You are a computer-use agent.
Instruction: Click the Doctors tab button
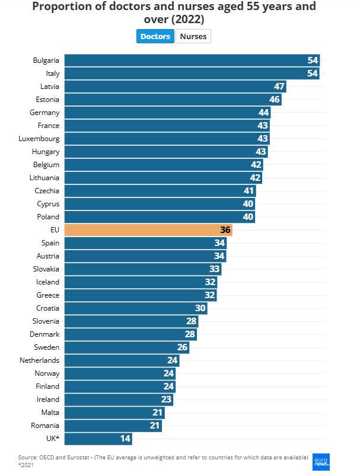(155, 37)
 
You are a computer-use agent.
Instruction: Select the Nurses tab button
(193, 37)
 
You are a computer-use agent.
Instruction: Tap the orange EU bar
(148, 230)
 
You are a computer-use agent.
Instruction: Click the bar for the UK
(98, 439)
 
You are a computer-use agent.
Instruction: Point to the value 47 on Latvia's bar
(279, 87)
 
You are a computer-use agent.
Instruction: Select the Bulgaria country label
(46, 60)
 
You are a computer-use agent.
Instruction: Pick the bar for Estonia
(172, 100)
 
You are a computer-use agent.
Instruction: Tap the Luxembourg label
(40, 139)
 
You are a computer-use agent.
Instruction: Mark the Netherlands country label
(39, 360)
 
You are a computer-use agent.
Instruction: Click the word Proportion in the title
(60, 7)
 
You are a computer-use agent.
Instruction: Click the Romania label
(45, 426)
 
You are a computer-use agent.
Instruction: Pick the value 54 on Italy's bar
(313, 74)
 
